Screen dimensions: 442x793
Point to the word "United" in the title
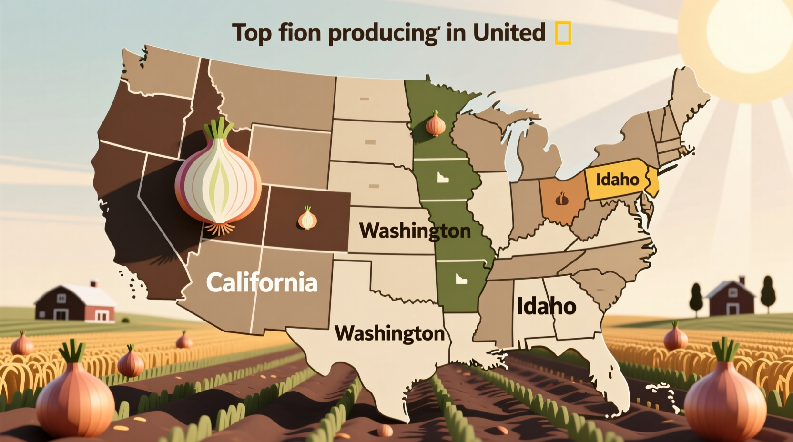pos(508,32)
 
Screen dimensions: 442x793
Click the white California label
pos(262,282)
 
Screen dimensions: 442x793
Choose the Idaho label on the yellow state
pos(618,180)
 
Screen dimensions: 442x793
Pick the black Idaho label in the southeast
pos(546,306)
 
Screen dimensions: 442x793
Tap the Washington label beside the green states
pos(415,231)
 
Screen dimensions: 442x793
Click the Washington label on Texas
pos(390,332)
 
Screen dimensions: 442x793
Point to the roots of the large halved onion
pos(221,229)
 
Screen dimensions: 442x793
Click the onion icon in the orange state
pos(563,198)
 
